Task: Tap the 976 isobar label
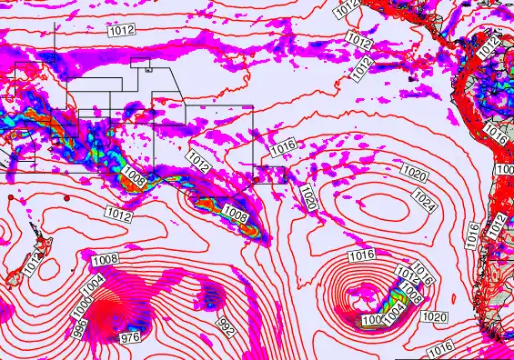tap(131, 338)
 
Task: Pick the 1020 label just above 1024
tap(414, 173)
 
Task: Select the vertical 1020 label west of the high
tap(307, 196)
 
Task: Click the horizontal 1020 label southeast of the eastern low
tap(435, 317)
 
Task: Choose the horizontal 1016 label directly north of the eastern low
tap(361, 255)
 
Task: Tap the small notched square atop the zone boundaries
tap(141, 64)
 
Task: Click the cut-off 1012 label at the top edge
tap(346, 8)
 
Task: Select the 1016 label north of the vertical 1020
tap(283, 146)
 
